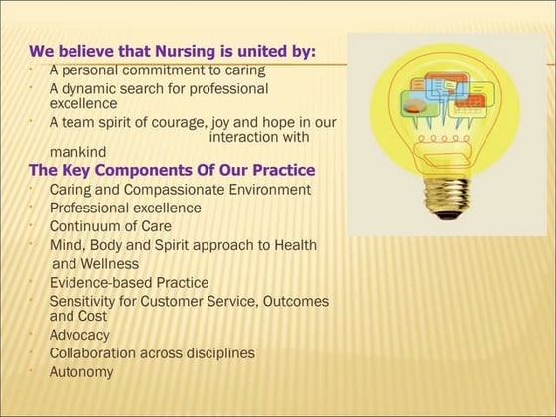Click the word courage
[206, 123]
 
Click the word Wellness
[110, 263]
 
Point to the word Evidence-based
[102, 282]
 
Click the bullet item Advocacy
[79, 335]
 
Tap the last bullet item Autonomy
[81, 371]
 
